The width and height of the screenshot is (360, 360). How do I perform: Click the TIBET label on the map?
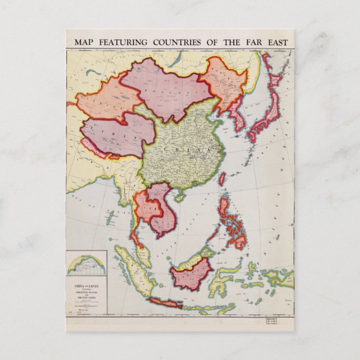pos(116,130)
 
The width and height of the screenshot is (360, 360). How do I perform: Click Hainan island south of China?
pos(180,197)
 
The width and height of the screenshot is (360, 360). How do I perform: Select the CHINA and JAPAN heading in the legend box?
pos(86,286)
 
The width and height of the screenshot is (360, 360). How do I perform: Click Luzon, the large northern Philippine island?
pos(226,209)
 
